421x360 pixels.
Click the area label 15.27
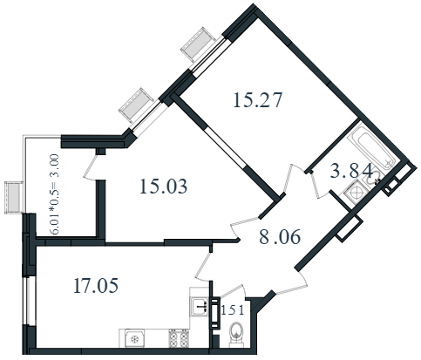257,100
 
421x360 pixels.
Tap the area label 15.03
163,187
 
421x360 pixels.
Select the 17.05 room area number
96,285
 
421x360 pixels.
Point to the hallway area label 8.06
280,236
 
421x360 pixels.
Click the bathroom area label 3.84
351,171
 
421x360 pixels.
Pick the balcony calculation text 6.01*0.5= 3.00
55,194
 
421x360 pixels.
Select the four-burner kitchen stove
179,338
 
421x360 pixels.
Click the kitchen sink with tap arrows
200,306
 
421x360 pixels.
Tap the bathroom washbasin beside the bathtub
373,177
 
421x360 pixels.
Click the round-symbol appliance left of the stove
134,338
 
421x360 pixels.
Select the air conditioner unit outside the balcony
14,198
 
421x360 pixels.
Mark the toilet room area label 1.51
233,310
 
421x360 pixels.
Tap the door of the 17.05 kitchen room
204,266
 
